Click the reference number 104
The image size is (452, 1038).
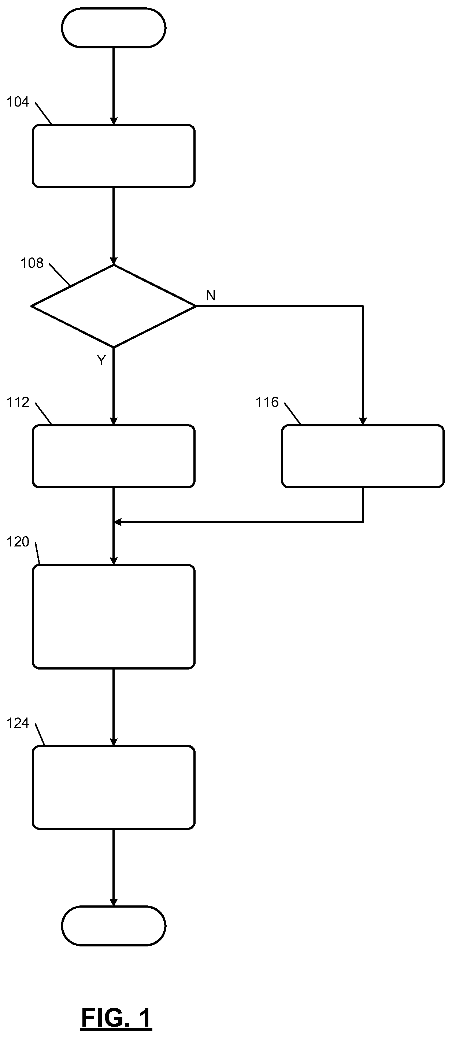coord(18,102)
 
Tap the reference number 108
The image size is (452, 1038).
coord(32,263)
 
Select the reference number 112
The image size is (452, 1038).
coord(18,402)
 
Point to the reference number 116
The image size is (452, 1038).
coord(267,402)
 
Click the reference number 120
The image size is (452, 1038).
coord(18,542)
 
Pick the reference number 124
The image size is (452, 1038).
coord(18,723)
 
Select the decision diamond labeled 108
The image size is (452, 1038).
coord(114,306)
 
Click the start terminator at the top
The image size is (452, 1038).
coord(114,28)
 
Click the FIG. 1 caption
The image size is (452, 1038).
coord(116,1018)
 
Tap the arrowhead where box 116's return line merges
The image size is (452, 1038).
coord(118,522)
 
